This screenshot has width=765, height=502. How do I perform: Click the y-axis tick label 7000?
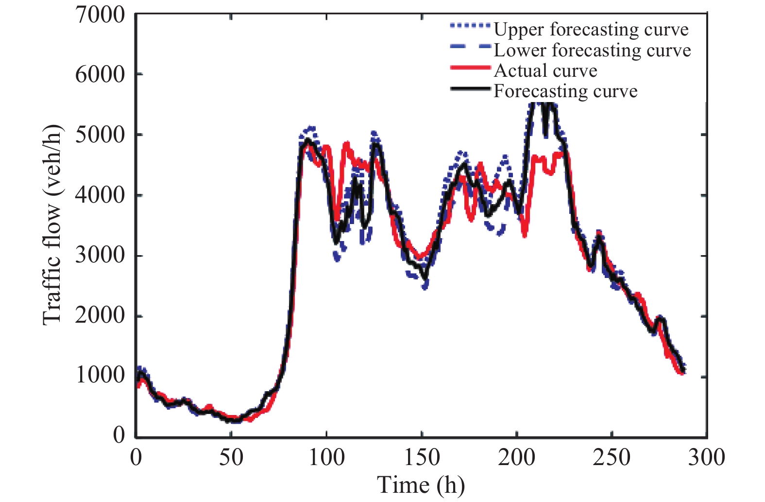100,15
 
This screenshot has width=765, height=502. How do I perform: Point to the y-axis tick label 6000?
100,75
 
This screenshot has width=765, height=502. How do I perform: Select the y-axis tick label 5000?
100,135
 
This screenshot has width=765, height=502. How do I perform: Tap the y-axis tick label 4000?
100,195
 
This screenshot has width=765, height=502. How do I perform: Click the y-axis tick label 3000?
100,255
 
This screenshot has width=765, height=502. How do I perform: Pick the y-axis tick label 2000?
100,316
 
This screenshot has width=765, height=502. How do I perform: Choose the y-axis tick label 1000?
100,376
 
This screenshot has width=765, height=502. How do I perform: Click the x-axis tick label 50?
231,458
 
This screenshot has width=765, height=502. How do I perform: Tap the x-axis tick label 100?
326,458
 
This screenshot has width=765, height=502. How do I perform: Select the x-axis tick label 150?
422,458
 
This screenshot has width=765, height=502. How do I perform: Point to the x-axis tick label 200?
517,458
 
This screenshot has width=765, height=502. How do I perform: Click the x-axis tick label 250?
612,458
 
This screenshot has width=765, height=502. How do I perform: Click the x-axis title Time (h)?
421,485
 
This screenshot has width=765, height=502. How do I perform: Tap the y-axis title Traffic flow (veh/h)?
53,225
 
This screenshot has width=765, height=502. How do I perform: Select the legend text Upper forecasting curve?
591,30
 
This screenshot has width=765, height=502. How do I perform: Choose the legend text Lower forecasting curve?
592,51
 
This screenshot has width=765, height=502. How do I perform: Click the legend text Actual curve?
545,71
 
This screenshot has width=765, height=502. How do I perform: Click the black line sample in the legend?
470,89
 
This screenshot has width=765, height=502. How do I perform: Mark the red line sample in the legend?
470,68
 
